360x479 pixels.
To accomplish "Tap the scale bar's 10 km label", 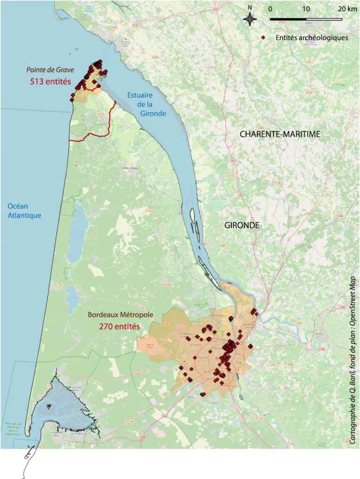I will [x=306, y=9].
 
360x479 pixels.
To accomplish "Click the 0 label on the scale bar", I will [x=271, y=9].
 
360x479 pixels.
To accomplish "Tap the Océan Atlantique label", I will [x=24, y=210].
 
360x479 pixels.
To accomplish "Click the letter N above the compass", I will [x=250, y=8].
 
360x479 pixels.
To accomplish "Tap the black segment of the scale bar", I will [x=288, y=19].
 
